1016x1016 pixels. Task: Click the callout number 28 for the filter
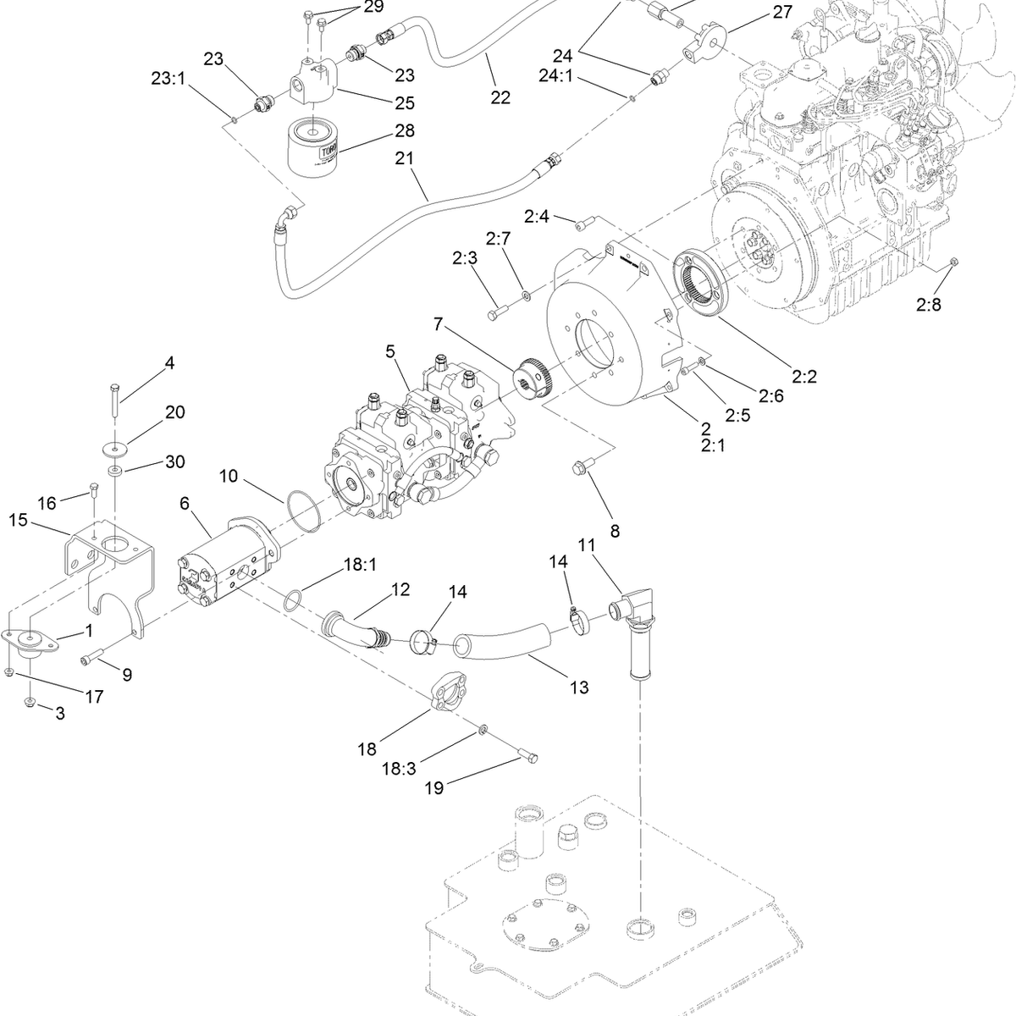coord(405,131)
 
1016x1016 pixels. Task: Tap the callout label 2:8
coord(928,306)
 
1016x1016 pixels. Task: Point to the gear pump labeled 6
coord(218,568)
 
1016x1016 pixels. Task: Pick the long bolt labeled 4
coord(113,401)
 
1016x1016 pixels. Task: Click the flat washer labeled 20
coord(113,447)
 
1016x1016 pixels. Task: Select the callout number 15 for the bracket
coord(19,519)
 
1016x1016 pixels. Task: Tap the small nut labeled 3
coord(30,702)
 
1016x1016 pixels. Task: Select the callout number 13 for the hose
coord(578,687)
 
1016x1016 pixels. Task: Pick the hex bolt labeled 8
coord(583,466)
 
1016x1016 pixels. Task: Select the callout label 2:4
coord(537,217)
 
